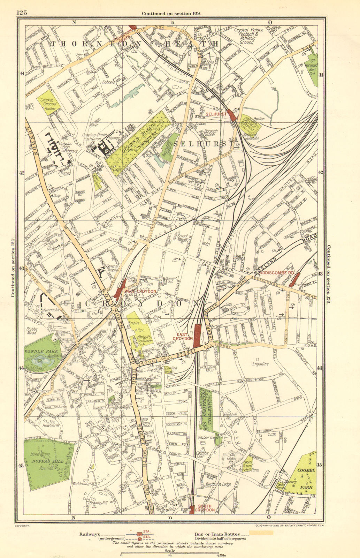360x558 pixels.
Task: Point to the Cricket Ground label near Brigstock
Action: click(x=46, y=102)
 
